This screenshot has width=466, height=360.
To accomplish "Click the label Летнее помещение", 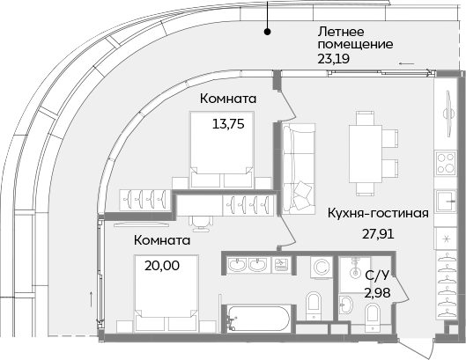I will tap(355, 36).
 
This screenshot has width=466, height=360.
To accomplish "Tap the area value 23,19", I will tap(334, 60).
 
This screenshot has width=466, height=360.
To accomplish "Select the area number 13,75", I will tap(227, 124).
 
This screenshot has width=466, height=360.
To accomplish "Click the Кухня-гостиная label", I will tap(378, 213).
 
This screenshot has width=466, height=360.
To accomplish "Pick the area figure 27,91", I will tap(380, 235).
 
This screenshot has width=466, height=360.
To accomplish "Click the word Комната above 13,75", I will tap(228, 99).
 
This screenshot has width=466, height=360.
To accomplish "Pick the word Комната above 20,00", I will tap(162, 239).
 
